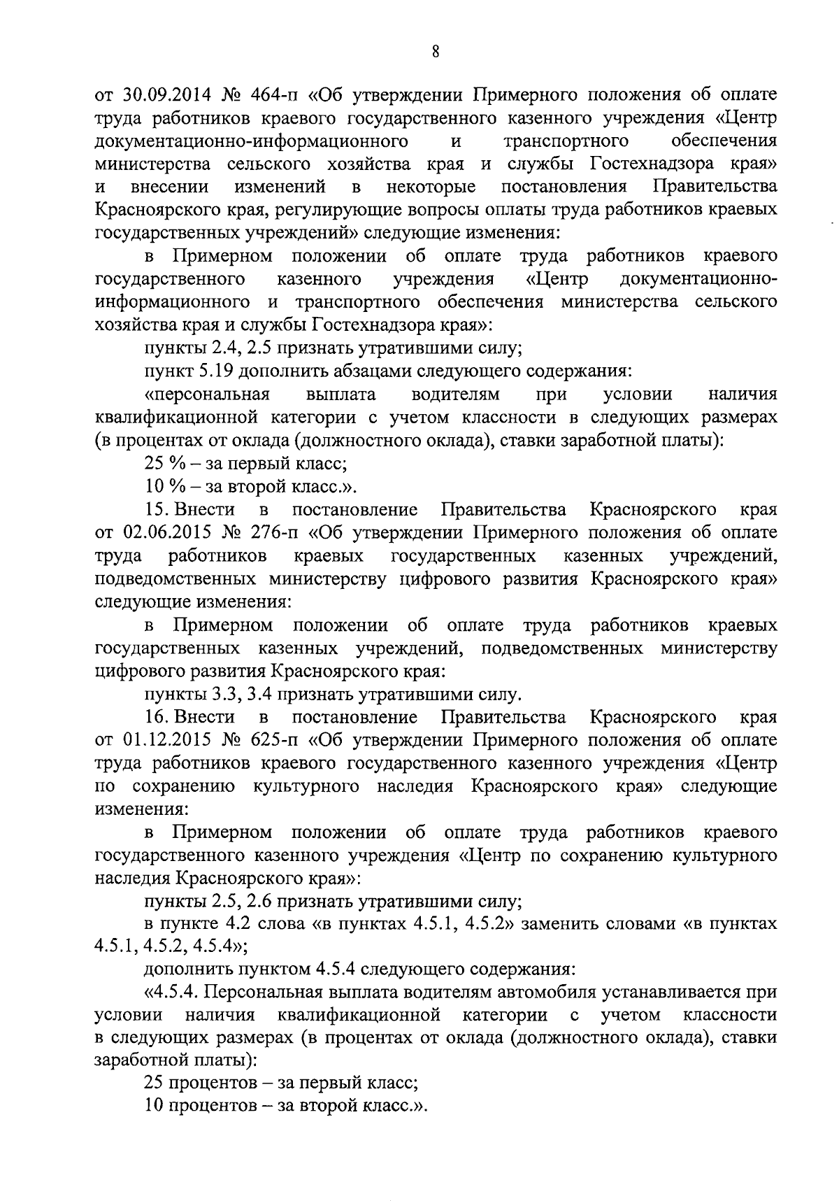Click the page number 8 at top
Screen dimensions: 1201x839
point(435,52)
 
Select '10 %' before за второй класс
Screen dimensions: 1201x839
point(160,486)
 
